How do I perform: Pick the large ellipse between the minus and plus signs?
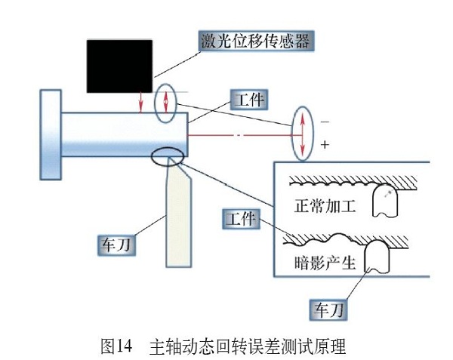coord(301,134)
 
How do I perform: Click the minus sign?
coord(325,121)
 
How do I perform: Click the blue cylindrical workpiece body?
coord(121,134)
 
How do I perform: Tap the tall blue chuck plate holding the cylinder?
coord(50,134)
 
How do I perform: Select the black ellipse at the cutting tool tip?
coord(168,157)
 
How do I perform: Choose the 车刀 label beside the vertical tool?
coord(119,245)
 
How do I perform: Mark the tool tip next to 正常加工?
coord(385,202)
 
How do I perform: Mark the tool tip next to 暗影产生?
coord(377,258)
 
